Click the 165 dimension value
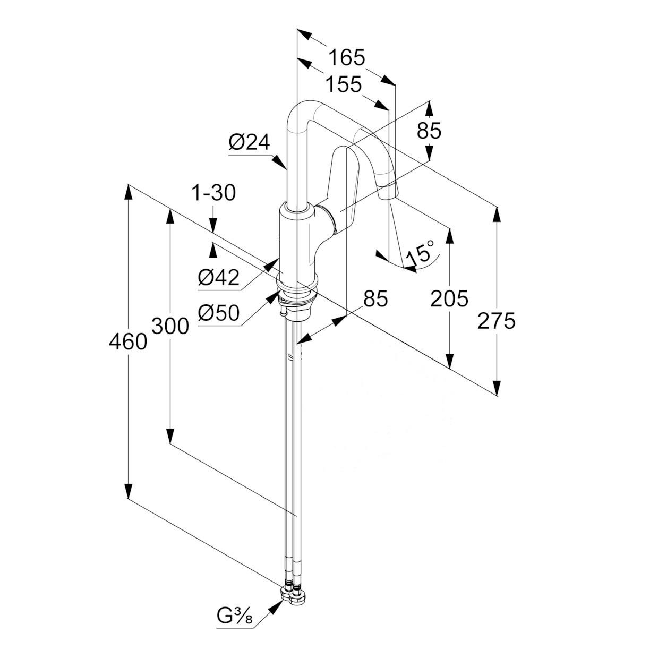[347, 57]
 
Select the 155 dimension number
[344, 84]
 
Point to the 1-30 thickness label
[213, 193]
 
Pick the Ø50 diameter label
[218, 313]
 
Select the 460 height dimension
[128, 342]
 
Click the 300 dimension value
[170, 326]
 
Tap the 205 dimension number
[449, 298]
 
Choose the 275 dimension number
[497, 321]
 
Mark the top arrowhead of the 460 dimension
[128, 192]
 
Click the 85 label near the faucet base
[375, 299]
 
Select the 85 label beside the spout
[429, 130]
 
